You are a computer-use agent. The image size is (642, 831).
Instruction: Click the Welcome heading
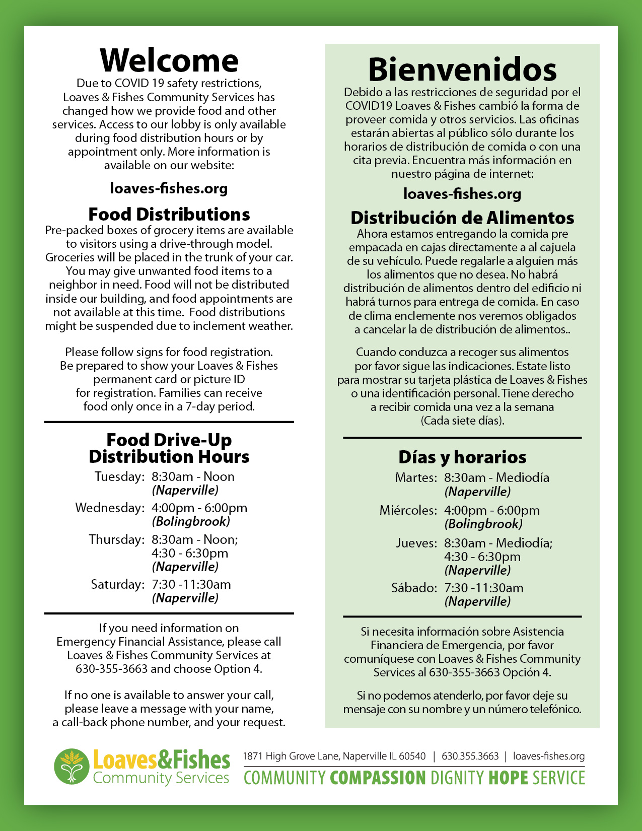point(169,60)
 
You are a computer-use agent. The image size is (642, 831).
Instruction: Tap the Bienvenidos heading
point(462,70)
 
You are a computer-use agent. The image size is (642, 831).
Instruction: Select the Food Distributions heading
point(169,214)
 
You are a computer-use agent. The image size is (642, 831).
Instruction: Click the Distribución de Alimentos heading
point(462,218)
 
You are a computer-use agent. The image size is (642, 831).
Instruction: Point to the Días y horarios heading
point(462,457)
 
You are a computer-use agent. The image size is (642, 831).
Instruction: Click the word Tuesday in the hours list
point(119,476)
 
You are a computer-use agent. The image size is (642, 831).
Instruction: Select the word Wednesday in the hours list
point(110,508)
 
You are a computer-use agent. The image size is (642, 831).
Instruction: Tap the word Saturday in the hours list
point(117,584)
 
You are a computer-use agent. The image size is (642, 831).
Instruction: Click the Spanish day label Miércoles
point(408,510)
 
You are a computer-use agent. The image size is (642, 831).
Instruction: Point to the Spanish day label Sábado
point(414,588)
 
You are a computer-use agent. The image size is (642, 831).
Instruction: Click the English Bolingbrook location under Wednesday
point(191,521)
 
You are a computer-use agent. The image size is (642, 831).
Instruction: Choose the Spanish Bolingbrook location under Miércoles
point(483,524)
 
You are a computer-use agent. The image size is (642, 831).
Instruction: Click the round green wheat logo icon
point(72,766)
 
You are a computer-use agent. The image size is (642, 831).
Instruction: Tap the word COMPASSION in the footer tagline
point(378,778)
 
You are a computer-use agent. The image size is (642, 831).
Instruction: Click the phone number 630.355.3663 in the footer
point(470,756)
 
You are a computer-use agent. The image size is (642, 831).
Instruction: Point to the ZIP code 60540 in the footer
point(412,756)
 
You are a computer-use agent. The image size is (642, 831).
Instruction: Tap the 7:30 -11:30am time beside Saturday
point(191,584)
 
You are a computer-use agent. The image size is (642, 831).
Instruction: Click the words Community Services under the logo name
point(161,778)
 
